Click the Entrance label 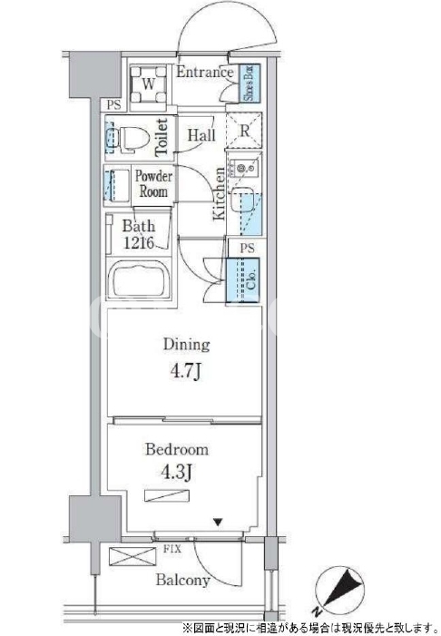pyautogui.click(x=204, y=73)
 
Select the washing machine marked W pyautogui.click(x=149, y=84)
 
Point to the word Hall pyautogui.click(x=201, y=134)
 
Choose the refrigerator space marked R pyautogui.click(x=244, y=131)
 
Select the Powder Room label pyautogui.click(x=153, y=184)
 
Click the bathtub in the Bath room pyautogui.click(x=139, y=279)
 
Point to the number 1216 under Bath pyautogui.click(x=139, y=242)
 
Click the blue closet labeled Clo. pyautogui.click(x=243, y=279)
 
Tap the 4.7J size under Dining pyautogui.click(x=186, y=371)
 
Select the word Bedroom pyautogui.click(x=177, y=449)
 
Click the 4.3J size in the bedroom pyautogui.click(x=176, y=472)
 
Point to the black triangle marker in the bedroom pyautogui.click(x=219, y=522)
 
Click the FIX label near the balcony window pyautogui.click(x=172, y=550)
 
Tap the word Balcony pyautogui.click(x=183, y=580)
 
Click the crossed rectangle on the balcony pyautogui.click(x=132, y=556)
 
